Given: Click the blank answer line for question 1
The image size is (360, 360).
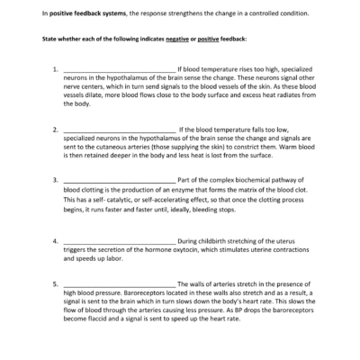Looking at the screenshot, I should (x=120, y=69).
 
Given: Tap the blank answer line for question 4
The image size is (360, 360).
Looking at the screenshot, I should (x=120, y=241).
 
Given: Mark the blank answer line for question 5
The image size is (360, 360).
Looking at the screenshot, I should (x=120, y=284).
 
